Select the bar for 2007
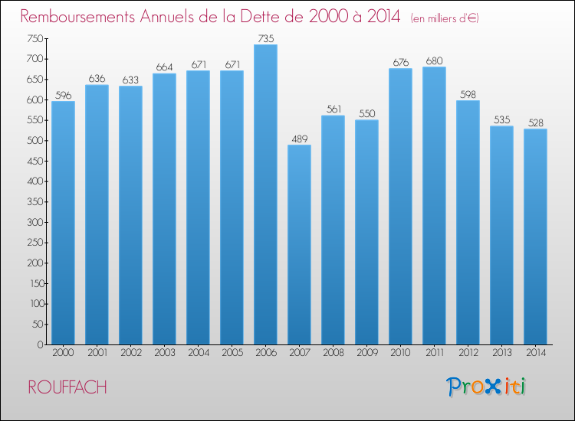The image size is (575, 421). click(299, 245)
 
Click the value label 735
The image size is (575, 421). click(265, 38)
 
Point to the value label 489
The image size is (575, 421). click(299, 139)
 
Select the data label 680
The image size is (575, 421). click(434, 60)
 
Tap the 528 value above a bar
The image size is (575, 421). click(535, 122)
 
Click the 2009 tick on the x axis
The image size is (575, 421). click(366, 353)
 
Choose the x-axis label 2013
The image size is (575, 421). click(501, 353)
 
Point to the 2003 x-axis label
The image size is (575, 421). click(164, 353)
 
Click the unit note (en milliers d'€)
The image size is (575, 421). click(445, 18)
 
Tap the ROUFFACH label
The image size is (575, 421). click(67, 387)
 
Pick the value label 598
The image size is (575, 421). click(468, 94)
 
